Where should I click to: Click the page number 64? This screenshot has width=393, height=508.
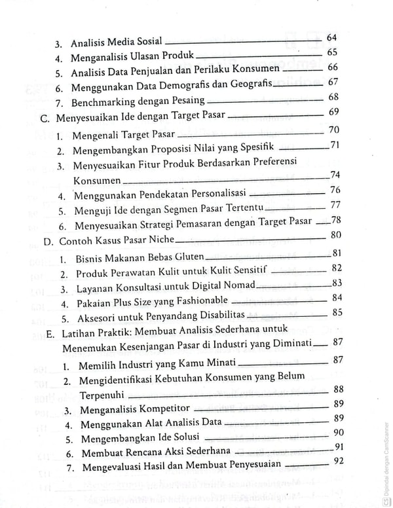(331, 38)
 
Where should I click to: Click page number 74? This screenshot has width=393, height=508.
(334, 175)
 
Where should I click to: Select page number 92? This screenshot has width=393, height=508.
(338, 462)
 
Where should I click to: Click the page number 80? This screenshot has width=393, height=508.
(337, 235)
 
